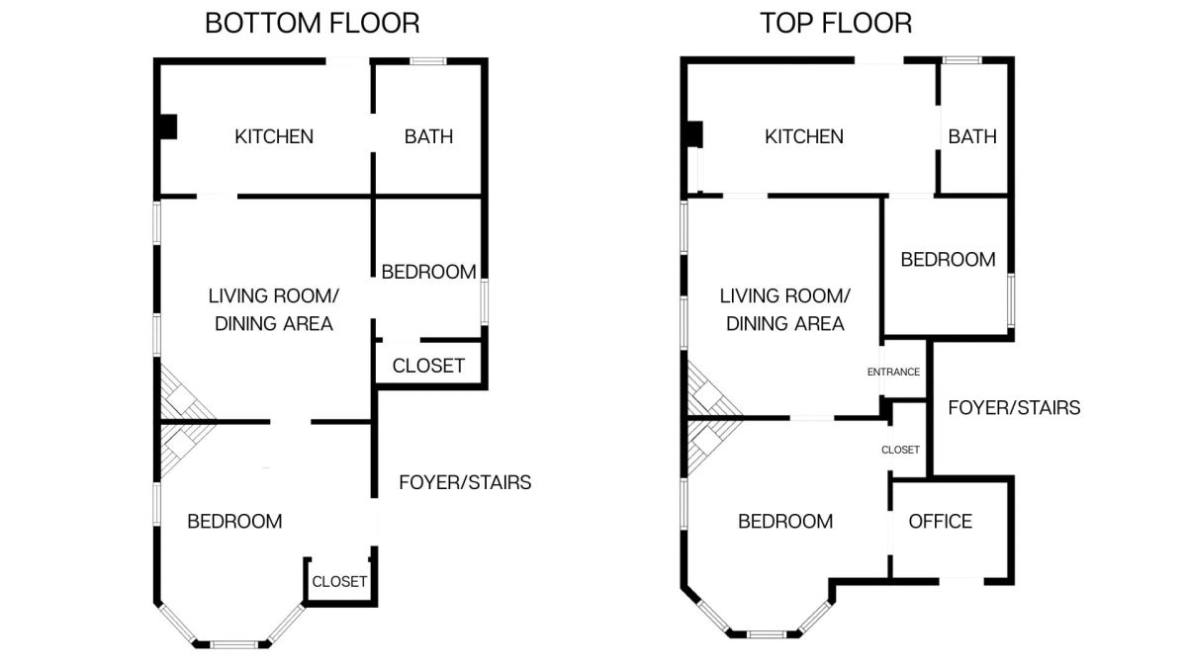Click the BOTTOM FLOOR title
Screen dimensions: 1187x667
[313, 24]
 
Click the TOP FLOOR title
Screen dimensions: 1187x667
[836, 24]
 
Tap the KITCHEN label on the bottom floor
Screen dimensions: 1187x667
[274, 136]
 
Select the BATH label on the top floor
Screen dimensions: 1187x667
[972, 136]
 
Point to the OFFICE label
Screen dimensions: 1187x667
[940, 522]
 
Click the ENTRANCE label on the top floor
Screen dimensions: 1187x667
[893, 373]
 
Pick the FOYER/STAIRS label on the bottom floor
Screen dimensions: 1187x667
[465, 482]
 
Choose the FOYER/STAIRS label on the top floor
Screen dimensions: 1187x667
[1014, 407]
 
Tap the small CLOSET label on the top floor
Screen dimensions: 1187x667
[900, 450]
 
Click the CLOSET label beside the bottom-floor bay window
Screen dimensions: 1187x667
[339, 582]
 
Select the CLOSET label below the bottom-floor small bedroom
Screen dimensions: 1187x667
[428, 366]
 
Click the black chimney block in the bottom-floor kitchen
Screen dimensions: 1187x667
[168, 127]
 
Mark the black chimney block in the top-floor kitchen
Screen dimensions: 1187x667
[694, 134]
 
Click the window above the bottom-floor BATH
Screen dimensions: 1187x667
[428, 61]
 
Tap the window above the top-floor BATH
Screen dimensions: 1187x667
[961, 60]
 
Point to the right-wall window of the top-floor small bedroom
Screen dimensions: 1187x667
[1011, 300]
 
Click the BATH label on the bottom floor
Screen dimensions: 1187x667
[428, 136]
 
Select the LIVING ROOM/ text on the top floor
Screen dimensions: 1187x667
[784, 295]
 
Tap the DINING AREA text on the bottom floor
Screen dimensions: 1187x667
[274, 323]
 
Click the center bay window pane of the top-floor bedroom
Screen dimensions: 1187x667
[767, 633]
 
